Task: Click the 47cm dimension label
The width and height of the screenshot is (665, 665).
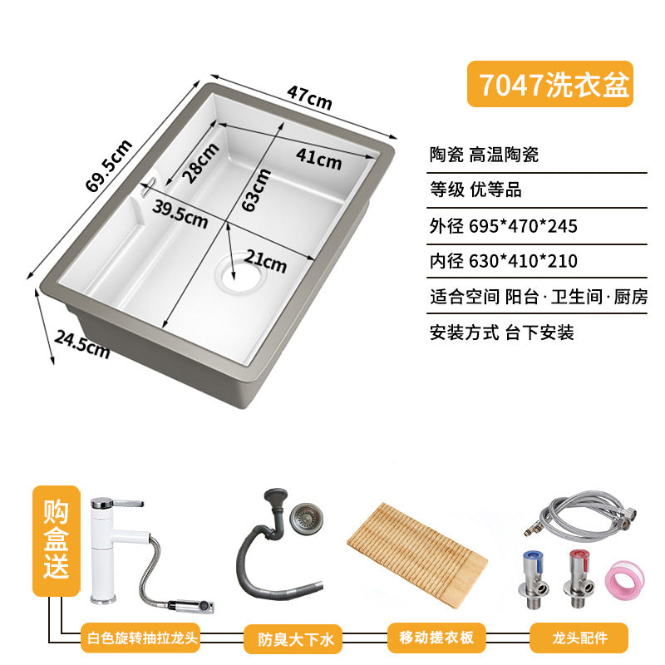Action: pyautogui.click(x=309, y=97)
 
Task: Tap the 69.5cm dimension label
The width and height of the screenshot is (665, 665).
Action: pyautogui.click(x=109, y=165)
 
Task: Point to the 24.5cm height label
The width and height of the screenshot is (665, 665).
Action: pyautogui.click(x=81, y=345)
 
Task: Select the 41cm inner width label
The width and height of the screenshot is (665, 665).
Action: pyautogui.click(x=318, y=159)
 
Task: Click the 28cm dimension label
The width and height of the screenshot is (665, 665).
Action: pyautogui.click(x=200, y=163)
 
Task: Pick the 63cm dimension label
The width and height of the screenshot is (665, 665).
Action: pyautogui.click(x=256, y=190)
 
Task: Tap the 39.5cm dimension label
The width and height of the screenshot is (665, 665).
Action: pyautogui.click(x=180, y=214)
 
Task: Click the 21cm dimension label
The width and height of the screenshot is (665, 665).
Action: pyautogui.click(x=265, y=261)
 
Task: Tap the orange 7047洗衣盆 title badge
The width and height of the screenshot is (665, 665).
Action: pyautogui.click(x=550, y=84)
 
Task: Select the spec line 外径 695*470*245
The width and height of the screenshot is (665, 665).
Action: pyautogui.click(x=504, y=226)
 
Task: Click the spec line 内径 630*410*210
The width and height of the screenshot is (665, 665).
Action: pyautogui.click(x=504, y=261)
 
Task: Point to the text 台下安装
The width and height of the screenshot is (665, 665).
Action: pyautogui.click(x=539, y=332)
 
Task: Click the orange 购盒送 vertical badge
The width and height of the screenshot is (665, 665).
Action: pyautogui.click(x=56, y=540)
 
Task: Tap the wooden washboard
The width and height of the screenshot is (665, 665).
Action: pyautogui.click(x=417, y=554)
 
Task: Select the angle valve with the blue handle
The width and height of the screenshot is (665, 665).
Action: pyautogui.click(x=533, y=579)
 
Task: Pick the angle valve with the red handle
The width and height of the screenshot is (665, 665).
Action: pyautogui.click(x=579, y=579)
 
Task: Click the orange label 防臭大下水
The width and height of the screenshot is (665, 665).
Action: pyautogui.click(x=293, y=638)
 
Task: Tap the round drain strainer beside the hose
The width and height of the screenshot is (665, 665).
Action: pyautogui.click(x=306, y=516)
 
